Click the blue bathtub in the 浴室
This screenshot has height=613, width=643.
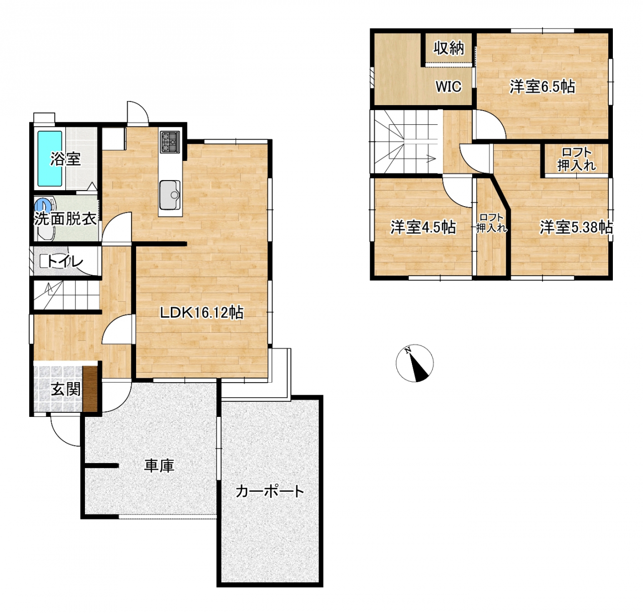[x=50, y=158]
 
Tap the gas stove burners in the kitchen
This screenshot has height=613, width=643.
[x=170, y=142]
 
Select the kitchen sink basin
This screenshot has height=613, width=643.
[x=170, y=195]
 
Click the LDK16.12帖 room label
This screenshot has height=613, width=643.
[x=201, y=313]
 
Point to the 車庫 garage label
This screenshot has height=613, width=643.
[x=159, y=466]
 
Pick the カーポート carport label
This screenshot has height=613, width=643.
[x=270, y=491]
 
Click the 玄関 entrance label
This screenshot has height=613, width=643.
[x=65, y=389]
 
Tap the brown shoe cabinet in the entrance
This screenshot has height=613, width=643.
[x=90, y=389]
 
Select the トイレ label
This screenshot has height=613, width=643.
[x=65, y=261]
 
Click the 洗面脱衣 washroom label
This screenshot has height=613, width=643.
[x=65, y=219]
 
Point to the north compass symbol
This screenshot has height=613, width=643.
[x=415, y=363]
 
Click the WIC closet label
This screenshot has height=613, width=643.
[x=449, y=86]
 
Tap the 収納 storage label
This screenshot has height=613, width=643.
[x=449, y=48]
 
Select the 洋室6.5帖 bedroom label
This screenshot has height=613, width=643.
[x=542, y=87]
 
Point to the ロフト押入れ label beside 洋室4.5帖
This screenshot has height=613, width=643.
[x=491, y=223]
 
